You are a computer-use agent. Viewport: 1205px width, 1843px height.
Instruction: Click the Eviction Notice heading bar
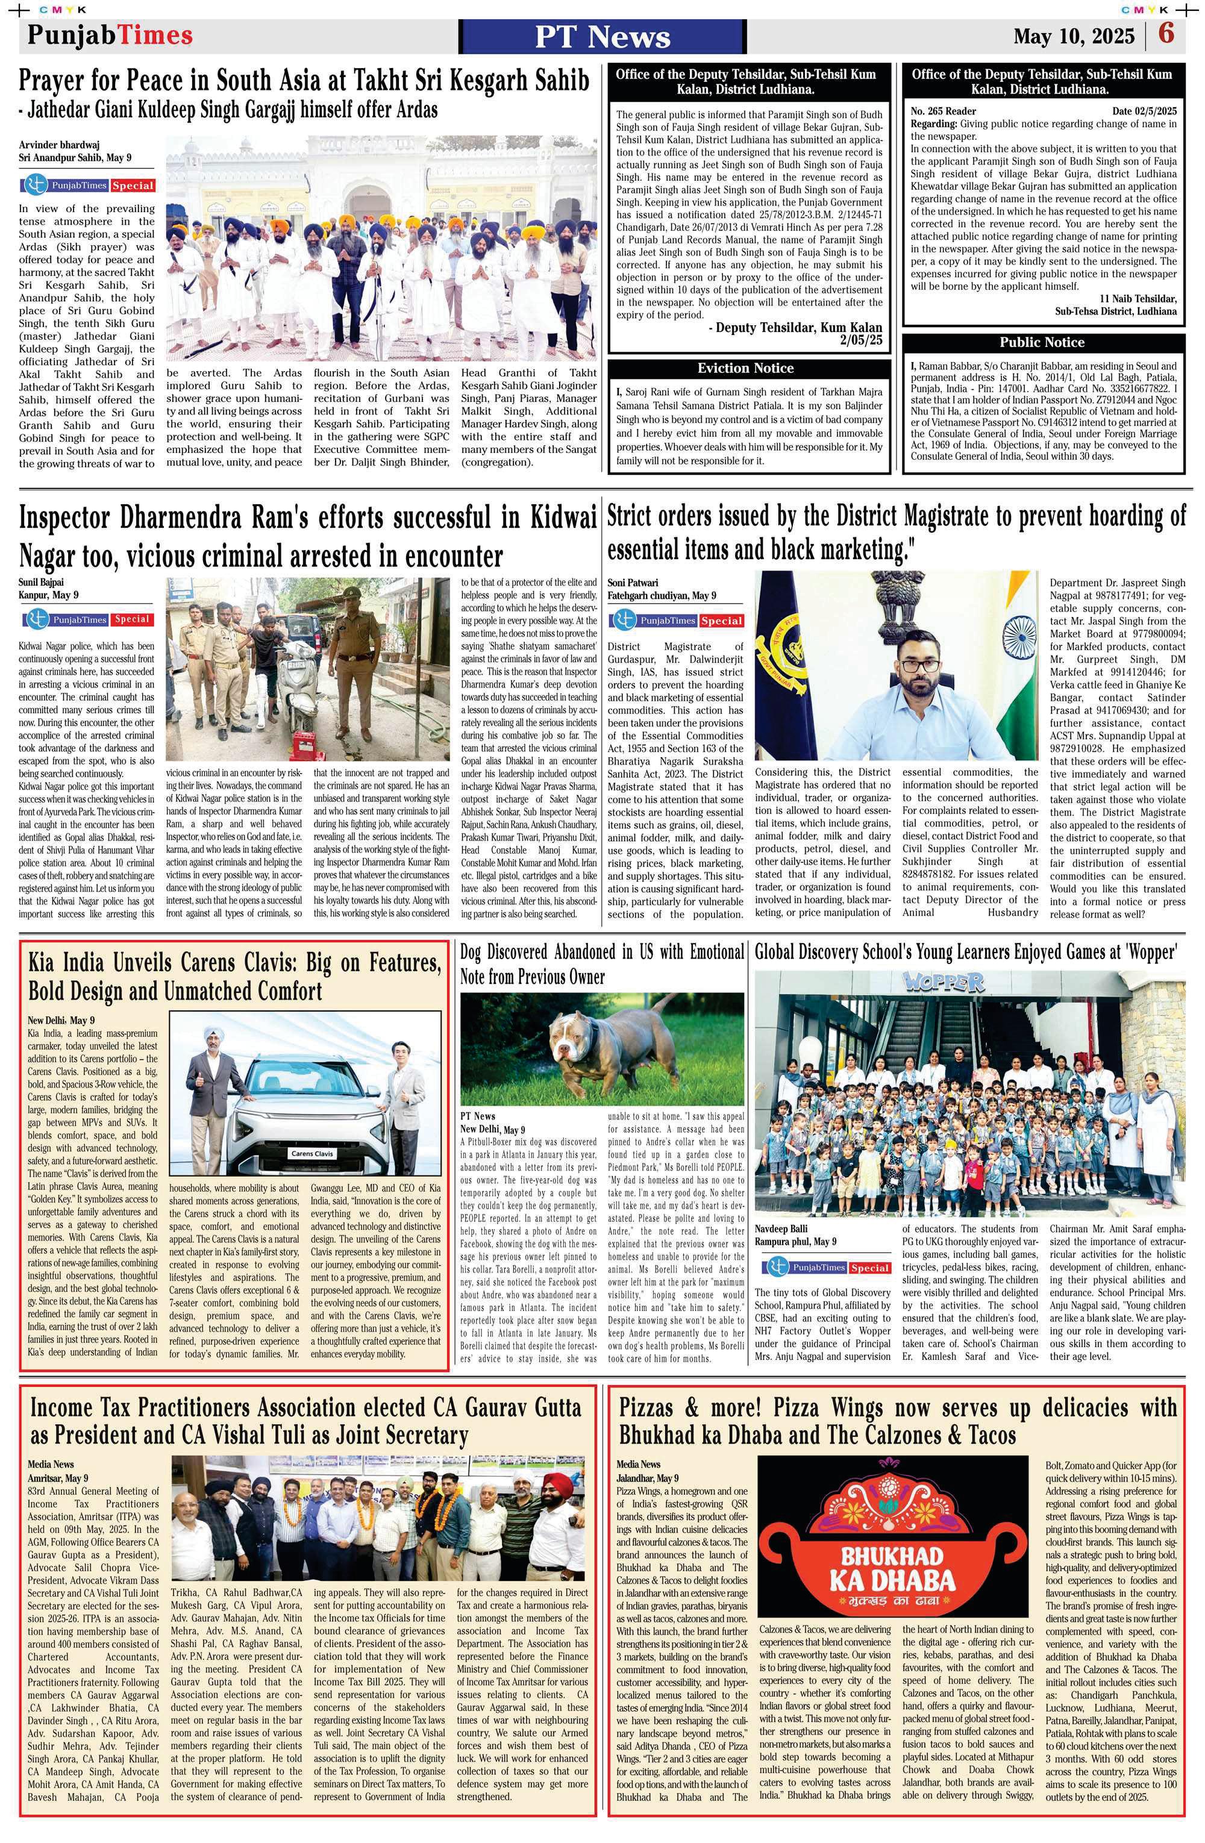pyautogui.click(x=745, y=368)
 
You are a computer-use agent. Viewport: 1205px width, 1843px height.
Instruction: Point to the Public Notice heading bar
pyautogui.click(x=1042, y=342)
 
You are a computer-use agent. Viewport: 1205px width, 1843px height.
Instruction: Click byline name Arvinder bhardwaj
pyautogui.click(x=60, y=144)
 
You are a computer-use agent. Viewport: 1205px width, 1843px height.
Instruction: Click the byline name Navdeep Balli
pyautogui.click(x=781, y=1228)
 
